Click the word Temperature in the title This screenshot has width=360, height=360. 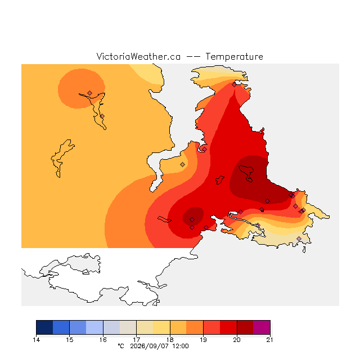234,57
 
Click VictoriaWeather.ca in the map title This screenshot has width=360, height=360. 138,57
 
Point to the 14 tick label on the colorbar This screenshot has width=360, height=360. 36,340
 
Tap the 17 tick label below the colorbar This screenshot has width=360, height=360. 136,340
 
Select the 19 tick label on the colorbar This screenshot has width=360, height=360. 203,340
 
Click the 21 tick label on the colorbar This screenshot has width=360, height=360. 270,340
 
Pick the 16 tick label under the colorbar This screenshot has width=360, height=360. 103,340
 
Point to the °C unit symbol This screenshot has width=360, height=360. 121,346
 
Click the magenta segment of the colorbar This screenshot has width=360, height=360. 262,327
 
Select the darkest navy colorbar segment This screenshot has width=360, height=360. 44,327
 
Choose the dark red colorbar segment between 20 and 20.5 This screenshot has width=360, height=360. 245,327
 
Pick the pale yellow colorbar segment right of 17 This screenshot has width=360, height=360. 145,327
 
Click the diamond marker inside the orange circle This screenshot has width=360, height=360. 90,93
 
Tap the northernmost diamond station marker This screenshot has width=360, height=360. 234,85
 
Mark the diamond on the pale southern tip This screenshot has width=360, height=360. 299,238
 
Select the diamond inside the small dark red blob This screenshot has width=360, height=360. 192,220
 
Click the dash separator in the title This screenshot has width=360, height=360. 193,57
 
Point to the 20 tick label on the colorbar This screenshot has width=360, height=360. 237,340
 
